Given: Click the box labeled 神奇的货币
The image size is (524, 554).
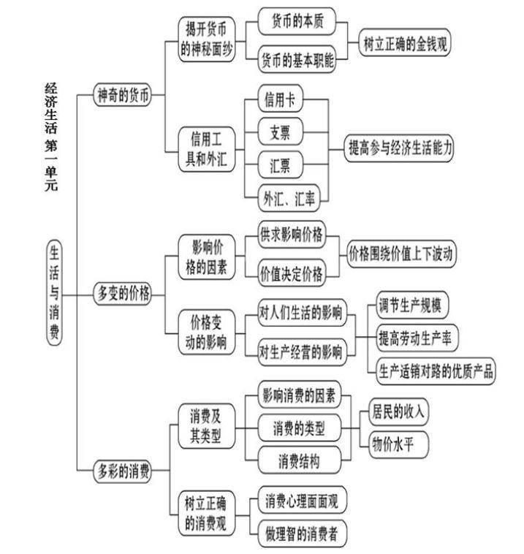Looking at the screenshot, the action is [123, 95].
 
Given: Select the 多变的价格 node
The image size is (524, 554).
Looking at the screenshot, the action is [123, 293].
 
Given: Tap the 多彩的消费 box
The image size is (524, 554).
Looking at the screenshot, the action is [123, 471].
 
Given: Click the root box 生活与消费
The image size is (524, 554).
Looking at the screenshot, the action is [54, 292].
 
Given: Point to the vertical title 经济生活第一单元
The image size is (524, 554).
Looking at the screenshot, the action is [51, 137].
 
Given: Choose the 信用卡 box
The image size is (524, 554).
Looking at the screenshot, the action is [280, 99].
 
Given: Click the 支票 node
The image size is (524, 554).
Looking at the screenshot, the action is [280, 132].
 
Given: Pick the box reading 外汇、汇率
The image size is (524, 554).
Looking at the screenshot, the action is [289, 198].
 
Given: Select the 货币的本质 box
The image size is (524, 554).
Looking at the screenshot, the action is [297, 21].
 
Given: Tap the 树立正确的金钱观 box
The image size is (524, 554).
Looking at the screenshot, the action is [405, 43].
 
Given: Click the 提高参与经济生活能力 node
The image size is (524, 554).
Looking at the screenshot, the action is [399, 148].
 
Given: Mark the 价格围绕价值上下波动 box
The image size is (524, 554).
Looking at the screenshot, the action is [401, 254].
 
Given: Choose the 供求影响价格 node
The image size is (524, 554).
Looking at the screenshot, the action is [291, 235].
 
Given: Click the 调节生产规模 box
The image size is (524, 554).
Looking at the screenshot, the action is [412, 305].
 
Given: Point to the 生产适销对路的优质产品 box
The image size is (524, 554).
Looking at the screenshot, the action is [436, 371].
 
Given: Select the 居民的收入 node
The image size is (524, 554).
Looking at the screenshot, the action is [398, 411].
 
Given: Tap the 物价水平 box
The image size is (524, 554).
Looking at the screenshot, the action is [398, 444].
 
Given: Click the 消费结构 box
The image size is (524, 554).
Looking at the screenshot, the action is [300, 460].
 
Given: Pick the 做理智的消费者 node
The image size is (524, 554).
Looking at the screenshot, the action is [302, 533].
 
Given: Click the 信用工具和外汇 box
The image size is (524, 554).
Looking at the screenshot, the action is [206, 149].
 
